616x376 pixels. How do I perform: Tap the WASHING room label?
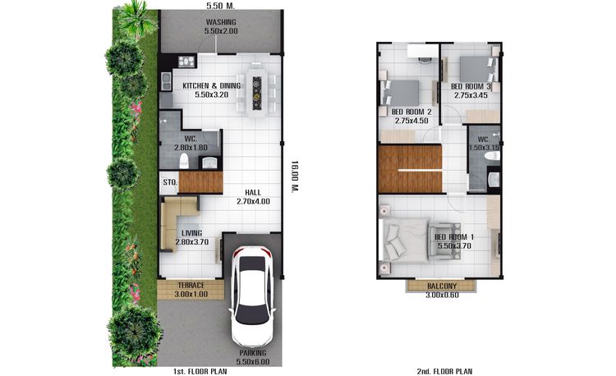click(x=221, y=22)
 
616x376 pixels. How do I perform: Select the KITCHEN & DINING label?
click(x=212, y=85)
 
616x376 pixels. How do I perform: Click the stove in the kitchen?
click(x=186, y=62)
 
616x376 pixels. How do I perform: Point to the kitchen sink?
click(x=166, y=81)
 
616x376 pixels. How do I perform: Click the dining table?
click(x=257, y=93)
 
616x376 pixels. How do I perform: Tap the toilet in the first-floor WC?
click(x=184, y=161)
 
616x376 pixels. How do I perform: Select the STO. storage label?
click(x=171, y=182)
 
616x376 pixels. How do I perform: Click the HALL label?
click(x=253, y=192)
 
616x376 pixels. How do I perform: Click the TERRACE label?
click(x=191, y=286)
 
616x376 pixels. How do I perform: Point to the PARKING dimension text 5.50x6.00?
click(x=253, y=361)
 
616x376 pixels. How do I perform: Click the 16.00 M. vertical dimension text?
click(x=295, y=176)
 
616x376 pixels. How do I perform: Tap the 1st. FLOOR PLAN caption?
click(x=200, y=371)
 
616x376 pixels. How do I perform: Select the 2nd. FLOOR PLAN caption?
click(x=444, y=371)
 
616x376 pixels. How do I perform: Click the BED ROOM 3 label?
click(x=471, y=86)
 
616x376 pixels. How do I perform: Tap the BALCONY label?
click(x=442, y=287)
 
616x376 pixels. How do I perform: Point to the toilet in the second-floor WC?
click(x=492, y=156)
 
